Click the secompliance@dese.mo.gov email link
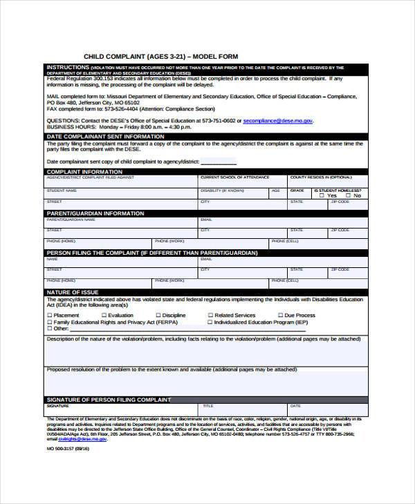click(x=278, y=121)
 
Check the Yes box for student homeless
click(x=322, y=195)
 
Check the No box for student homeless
click(x=347, y=195)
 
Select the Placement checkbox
click(x=49, y=316)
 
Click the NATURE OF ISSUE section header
click(x=68, y=293)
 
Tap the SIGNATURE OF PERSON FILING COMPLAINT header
click(x=107, y=400)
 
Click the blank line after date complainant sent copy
click(x=219, y=162)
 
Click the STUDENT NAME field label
click(x=61, y=190)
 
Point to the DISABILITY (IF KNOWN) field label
click(x=222, y=190)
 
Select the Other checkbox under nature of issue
click(x=49, y=329)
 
